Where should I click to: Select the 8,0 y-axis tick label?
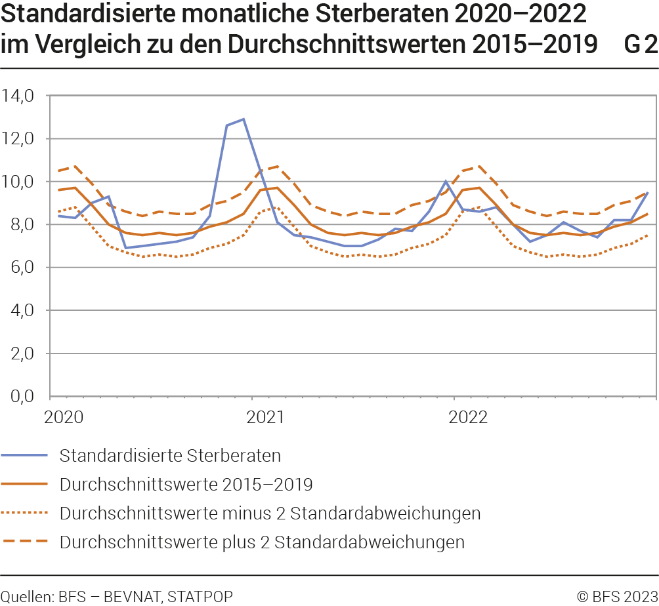(x=21, y=225)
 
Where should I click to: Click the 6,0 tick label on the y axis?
(x=21, y=268)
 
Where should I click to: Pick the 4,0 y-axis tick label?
(x=21, y=311)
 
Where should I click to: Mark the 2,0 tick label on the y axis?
(x=21, y=353)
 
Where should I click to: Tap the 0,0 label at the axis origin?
(x=21, y=396)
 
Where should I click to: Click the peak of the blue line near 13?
(x=244, y=119)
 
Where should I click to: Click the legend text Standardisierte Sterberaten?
(x=170, y=455)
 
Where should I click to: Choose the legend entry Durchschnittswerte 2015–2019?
(x=186, y=485)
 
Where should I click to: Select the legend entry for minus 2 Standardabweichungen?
(x=270, y=513)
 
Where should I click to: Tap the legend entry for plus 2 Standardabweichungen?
(x=262, y=542)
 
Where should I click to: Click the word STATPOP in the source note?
(x=200, y=596)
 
